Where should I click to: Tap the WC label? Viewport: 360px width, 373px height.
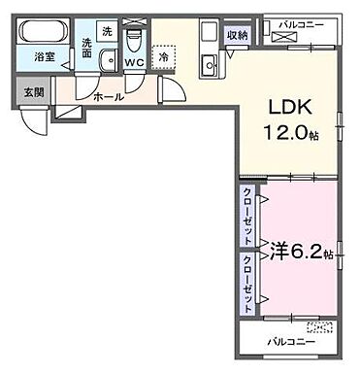click(136, 63)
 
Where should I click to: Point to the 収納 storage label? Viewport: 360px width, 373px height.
click(238, 35)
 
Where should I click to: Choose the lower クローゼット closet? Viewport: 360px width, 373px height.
click(247, 283)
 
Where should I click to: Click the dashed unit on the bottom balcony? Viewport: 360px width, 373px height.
click(319, 327)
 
